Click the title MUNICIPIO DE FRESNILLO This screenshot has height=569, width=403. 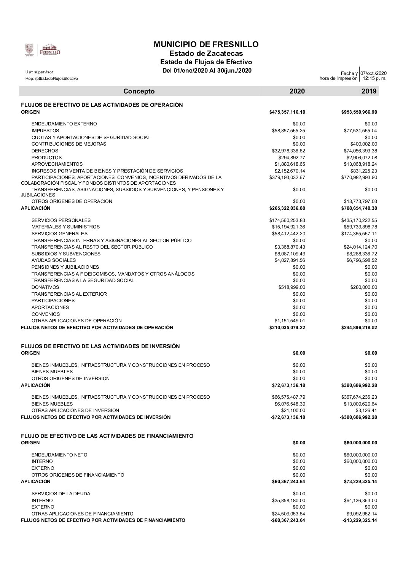(206, 44)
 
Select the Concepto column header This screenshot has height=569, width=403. (139, 91)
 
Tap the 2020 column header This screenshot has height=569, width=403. (297, 91)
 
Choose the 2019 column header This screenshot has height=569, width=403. (369, 91)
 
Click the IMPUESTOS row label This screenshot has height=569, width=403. (45, 131)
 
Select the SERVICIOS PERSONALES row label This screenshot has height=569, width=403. (61, 220)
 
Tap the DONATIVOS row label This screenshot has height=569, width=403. (45, 287)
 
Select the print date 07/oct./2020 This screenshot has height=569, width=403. (373, 73)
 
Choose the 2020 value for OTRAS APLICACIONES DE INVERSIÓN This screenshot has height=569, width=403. (295, 411)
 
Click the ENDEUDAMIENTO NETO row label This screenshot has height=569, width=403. (59, 455)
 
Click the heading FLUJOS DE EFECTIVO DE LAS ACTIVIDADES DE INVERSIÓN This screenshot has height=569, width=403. (100, 346)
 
